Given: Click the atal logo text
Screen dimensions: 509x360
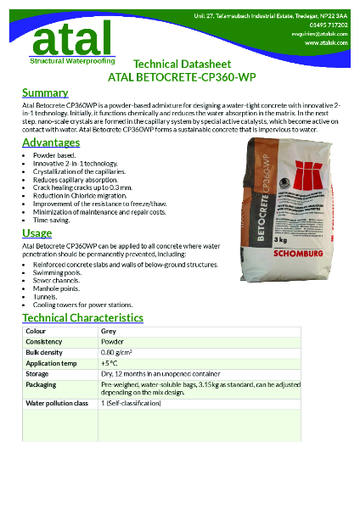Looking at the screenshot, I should (70, 37).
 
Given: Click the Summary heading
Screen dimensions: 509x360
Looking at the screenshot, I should (45, 92).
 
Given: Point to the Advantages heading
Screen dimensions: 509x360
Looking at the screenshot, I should (51, 143).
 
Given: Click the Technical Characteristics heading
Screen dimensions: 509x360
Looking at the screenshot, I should (82, 318).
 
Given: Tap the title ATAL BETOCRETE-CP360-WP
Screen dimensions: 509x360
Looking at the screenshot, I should (194, 77).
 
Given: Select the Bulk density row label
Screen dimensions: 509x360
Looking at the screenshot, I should (43, 352).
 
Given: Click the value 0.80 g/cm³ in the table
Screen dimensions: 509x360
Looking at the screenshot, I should (116, 352).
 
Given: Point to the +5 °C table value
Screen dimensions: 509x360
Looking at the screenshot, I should (110, 362).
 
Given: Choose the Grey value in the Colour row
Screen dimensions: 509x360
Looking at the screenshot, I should (109, 331).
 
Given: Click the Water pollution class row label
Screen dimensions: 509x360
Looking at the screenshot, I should (58, 403).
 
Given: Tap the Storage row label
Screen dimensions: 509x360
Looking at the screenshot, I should (37, 373).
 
